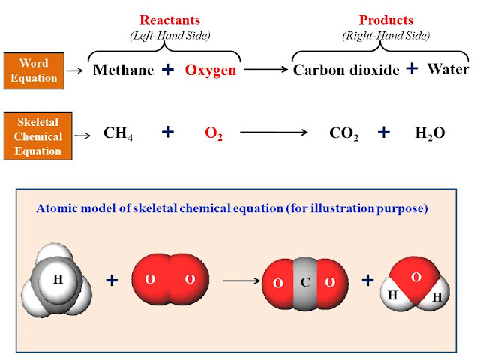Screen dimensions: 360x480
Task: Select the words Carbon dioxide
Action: pos(345,70)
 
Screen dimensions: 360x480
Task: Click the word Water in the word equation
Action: pos(448,69)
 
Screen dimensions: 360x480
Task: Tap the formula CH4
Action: pos(119,134)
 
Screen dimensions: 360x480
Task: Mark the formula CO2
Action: pos(343,134)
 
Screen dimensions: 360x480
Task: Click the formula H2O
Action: pos(430,134)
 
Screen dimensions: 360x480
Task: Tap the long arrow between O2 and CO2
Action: pos(274,133)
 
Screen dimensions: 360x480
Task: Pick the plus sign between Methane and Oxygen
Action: pos(168,69)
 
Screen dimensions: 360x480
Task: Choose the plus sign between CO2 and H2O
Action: pos(384,133)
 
